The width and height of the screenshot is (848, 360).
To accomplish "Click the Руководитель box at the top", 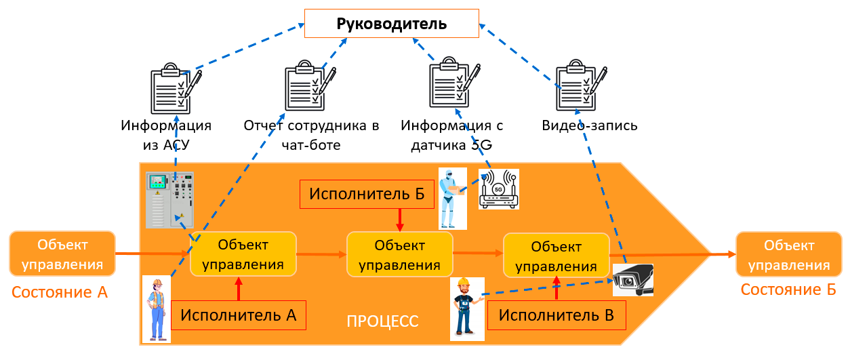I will (392, 24).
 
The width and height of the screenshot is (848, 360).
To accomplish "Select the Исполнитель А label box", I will (239, 315).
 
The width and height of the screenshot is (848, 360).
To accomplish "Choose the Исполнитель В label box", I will (557, 315).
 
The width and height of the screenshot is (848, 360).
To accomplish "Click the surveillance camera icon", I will (633, 279).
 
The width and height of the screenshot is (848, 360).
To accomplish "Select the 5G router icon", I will (498, 189).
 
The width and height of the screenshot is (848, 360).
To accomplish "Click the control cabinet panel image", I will (169, 200).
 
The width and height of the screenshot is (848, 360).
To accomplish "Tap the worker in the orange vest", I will (157, 308).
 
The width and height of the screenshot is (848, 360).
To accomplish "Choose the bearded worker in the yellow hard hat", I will (466, 307).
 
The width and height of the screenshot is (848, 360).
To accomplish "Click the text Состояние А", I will (60, 293).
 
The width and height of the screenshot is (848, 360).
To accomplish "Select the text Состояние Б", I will (788, 289).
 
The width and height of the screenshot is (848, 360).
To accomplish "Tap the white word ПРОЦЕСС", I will (382, 321).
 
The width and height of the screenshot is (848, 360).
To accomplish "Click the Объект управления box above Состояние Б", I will (788, 254).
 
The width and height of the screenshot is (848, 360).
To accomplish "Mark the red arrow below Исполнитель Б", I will (400, 218).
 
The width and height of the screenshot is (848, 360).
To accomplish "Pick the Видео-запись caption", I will (590, 126).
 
